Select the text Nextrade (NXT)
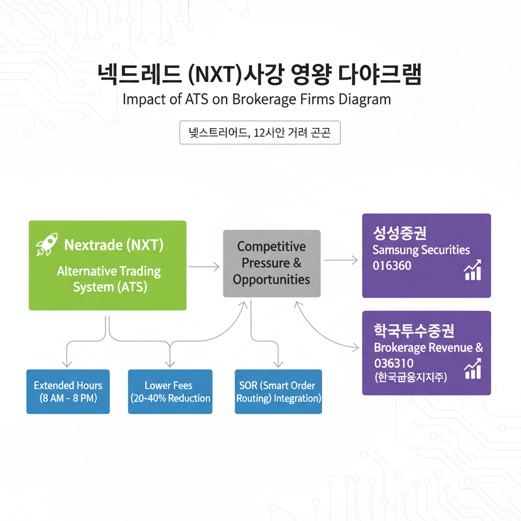[113, 245]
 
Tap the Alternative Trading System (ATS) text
[109, 279]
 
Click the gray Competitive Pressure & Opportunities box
[272, 263]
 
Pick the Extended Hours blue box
[68, 391]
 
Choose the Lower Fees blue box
[170, 391]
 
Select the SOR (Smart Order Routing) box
[278, 391]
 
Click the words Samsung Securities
[421, 250]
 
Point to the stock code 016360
[392, 266]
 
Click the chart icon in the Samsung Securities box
[473, 270]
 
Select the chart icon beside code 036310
[473, 368]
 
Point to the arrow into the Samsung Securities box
[341, 260]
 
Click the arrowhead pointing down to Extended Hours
[66, 363]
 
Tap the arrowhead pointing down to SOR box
[278, 363]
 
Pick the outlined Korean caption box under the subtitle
[260, 133]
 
